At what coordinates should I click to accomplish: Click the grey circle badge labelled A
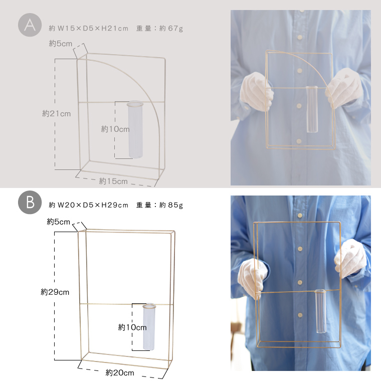click(x=30, y=25)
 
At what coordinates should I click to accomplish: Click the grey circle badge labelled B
click(x=30, y=202)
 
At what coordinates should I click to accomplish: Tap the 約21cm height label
click(x=56, y=113)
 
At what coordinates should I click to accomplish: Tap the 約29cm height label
click(x=55, y=292)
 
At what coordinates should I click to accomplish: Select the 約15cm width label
click(x=113, y=181)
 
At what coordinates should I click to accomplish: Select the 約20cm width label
click(x=120, y=372)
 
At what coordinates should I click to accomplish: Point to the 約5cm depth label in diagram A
click(x=61, y=44)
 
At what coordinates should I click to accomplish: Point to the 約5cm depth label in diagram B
click(x=58, y=222)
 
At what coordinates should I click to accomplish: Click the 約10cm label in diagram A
click(x=115, y=129)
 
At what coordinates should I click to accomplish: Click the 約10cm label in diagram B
click(x=132, y=327)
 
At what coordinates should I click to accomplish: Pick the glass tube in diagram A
click(x=135, y=130)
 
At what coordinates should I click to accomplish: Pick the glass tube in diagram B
click(x=149, y=327)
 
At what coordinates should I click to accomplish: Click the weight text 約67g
click(x=171, y=29)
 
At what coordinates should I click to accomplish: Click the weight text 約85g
click(x=171, y=205)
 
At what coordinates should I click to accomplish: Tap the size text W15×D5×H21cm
click(x=93, y=29)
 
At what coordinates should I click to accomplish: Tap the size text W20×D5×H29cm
click(x=93, y=205)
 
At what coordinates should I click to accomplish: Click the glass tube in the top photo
click(x=312, y=109)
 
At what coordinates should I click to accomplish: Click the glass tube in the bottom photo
click(x=320, y=311)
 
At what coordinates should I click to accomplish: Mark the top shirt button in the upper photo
click(x=300, y=38)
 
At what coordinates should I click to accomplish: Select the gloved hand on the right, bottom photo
click(x=350, y=258)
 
